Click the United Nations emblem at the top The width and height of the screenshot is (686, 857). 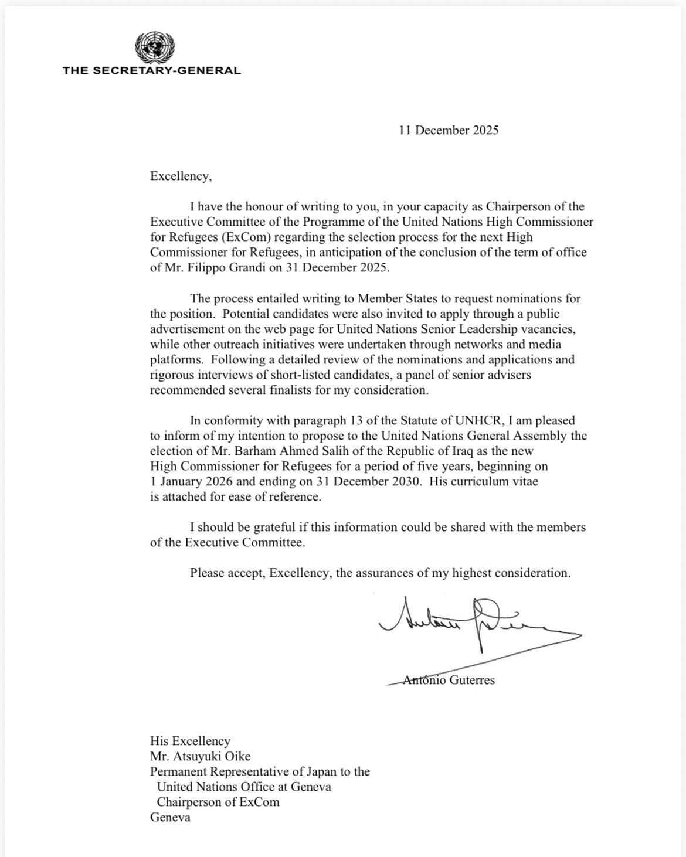coord(155,46)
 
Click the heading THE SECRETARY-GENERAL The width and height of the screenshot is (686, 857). coord(152,70)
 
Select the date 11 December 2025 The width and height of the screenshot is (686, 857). coord(449,130)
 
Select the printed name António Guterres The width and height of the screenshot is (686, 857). coord(449,680)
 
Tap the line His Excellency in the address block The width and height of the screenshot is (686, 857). coord(190,741)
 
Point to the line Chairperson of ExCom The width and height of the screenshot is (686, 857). coord(218,802)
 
